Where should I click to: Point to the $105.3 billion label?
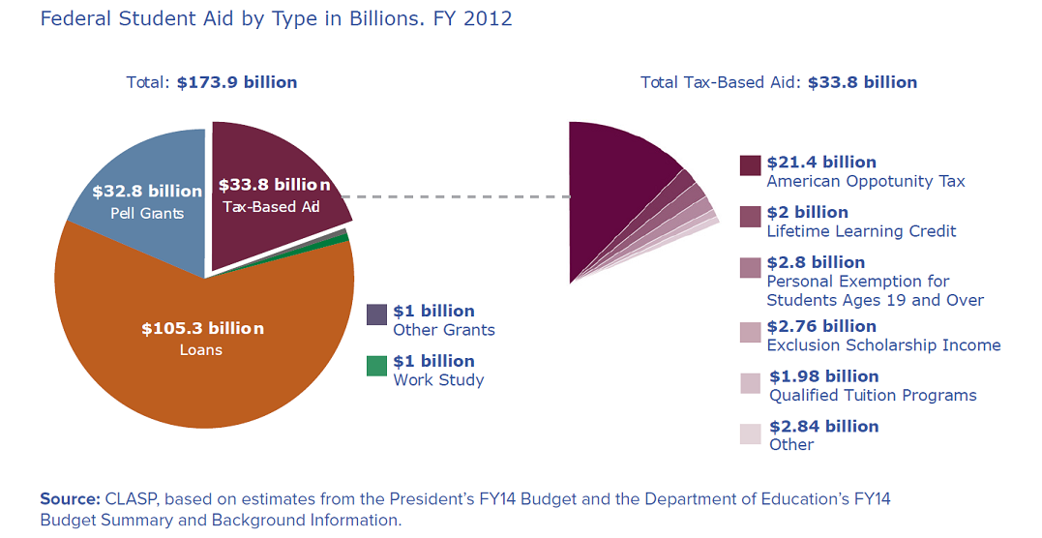(201, 329)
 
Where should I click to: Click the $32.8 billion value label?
(147, 191)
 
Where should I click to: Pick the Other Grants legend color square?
(376, 315)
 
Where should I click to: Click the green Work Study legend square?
(376, 366)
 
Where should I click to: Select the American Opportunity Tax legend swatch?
(750, 165)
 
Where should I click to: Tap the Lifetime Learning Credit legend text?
(861, 231)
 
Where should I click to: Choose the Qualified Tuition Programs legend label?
(873, 395)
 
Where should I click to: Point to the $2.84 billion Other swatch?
(750, 434)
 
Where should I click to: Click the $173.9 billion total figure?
(236, 82)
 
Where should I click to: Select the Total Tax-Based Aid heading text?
(710, 82)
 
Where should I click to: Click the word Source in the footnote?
(69, 499)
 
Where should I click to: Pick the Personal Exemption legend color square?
(750, 267)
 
